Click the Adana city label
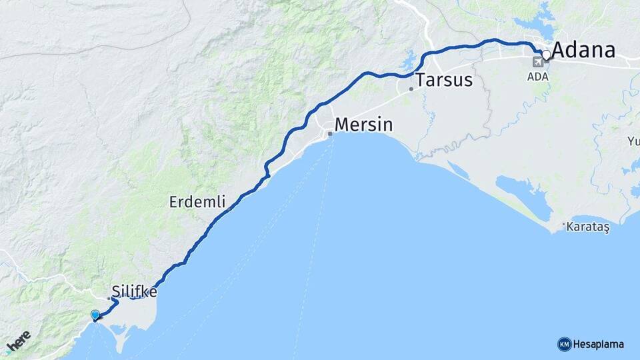pos(583,51)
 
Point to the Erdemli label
pos(197,201)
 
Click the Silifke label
pos(135,291)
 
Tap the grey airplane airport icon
pos(537,62)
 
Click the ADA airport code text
pos(537,76)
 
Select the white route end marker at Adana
pos(546,55)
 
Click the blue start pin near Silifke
pos(95,315)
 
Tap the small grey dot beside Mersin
pos(329,133)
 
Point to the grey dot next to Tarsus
pos(411,89)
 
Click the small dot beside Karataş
pos(563,225)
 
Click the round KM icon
pos(564,344)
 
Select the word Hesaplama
pos(599,345)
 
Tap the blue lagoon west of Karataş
pos(523,192)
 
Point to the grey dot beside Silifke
pos(109,298)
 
